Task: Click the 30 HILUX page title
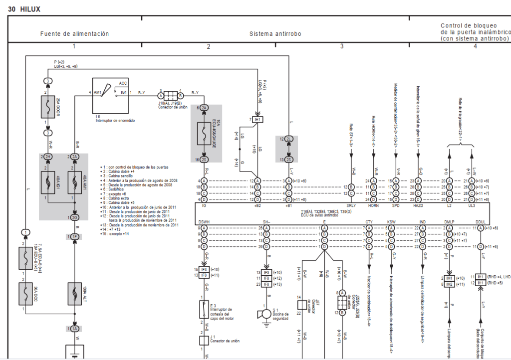24,9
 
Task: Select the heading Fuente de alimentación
74,34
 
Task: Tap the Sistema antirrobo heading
275,34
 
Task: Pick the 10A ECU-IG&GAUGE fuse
205,134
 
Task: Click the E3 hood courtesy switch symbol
204,309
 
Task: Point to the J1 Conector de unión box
204,341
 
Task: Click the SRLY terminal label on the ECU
351,205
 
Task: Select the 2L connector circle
289,139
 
